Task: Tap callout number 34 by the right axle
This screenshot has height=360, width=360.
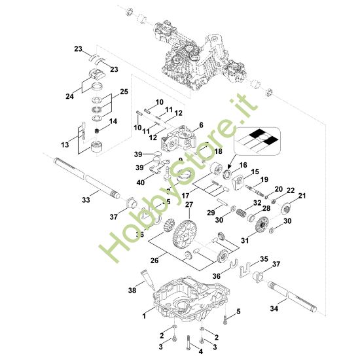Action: (x=274, y=306)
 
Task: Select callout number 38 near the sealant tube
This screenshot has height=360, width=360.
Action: (x=133, y=288)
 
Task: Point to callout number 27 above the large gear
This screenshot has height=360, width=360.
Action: (x=189, y=206)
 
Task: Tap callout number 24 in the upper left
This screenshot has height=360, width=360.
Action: (x=70, y=96)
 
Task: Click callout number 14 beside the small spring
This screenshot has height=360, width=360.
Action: (x=113, y=121)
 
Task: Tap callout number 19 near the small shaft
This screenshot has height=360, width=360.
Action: (x=264, y=179)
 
